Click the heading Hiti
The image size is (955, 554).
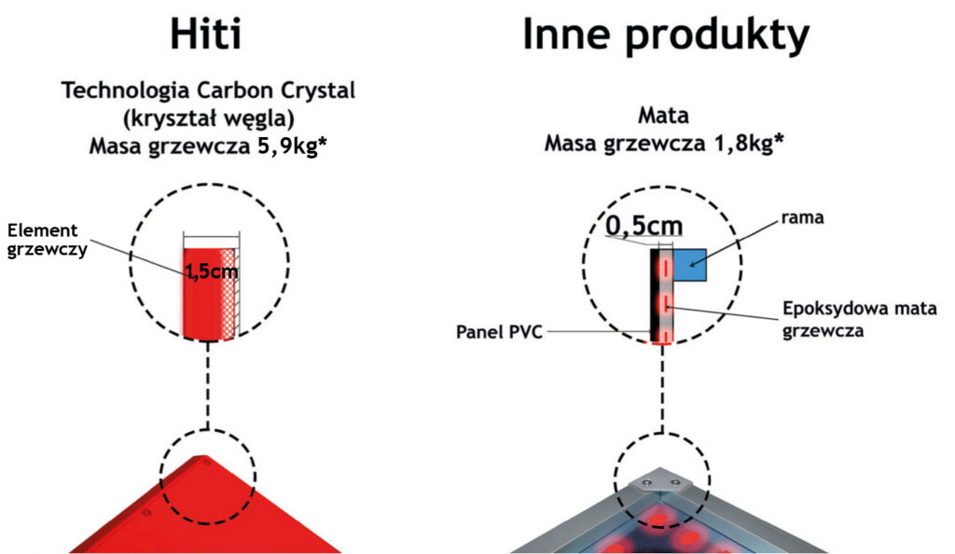click(x=206, y=35)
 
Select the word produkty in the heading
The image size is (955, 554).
click(x=717, y=36)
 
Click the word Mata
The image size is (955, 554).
click(x=663, y=118)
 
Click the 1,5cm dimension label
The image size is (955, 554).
click(x=210, y=271)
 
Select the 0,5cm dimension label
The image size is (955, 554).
click(x=644, y=225)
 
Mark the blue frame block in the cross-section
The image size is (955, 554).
click(x=692, y=265)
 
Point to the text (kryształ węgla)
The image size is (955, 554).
click(x=208, y=118)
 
